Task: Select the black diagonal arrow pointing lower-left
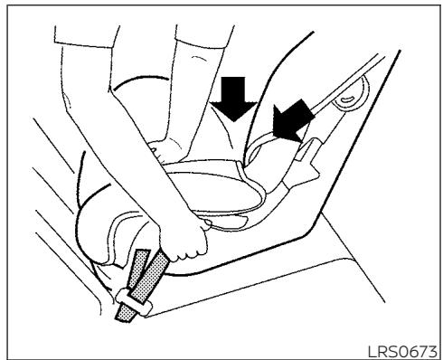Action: click(291, 120)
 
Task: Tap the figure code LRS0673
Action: click(402, 352)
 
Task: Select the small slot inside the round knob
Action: click(347, 99)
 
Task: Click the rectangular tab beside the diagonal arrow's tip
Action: click(308, 148)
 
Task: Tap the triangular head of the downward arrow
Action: click(233, 111)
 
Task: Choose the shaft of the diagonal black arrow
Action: click(301, 111)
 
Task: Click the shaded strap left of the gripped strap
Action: click(137, 269)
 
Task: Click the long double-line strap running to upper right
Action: click(346, 83)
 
